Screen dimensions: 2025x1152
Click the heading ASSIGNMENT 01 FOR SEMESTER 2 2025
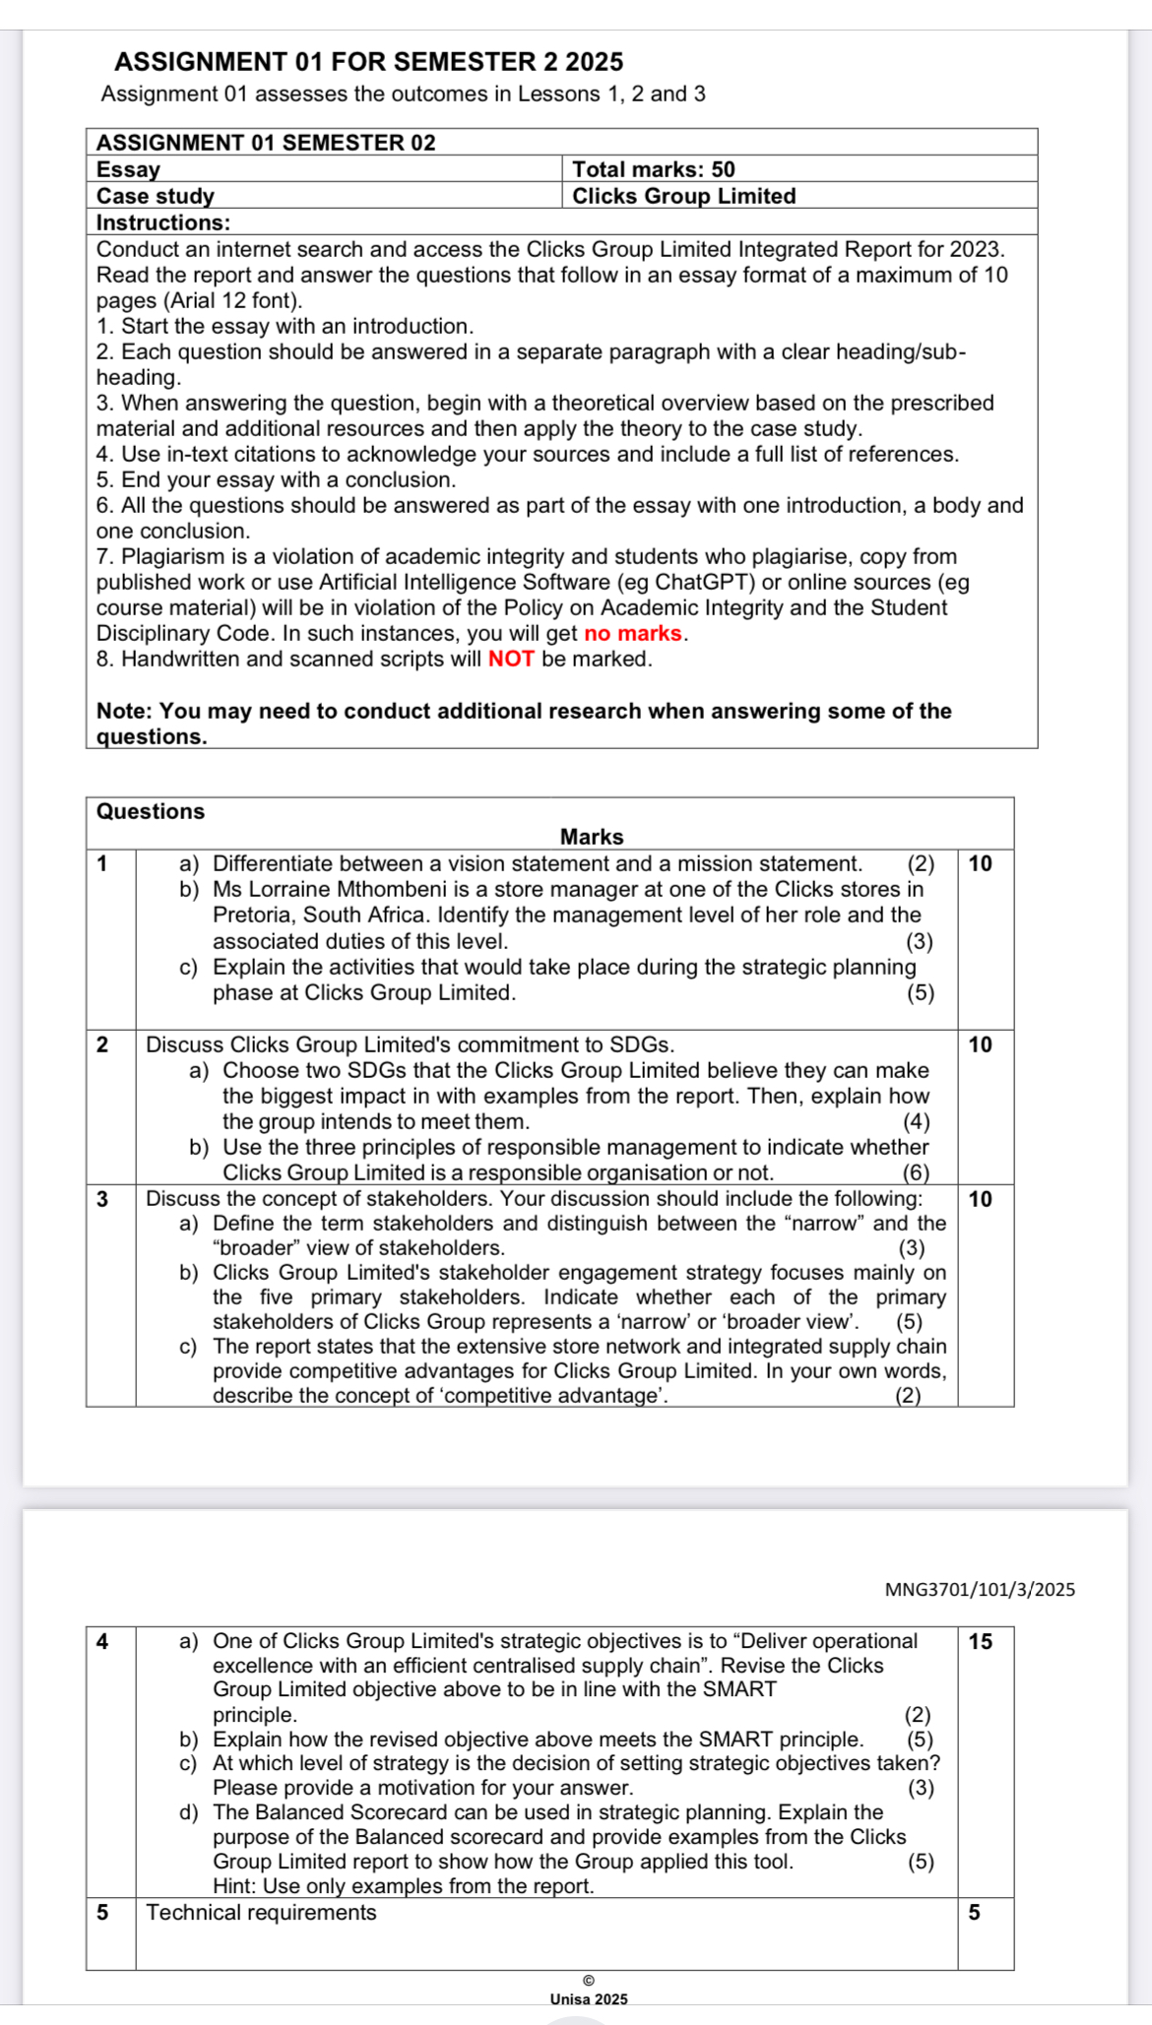[368, 62]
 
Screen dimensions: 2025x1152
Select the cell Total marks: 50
[653, 169]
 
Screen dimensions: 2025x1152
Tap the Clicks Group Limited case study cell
[683, 196]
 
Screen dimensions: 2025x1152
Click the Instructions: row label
[163, 222]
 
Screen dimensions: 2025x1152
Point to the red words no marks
[632, 633]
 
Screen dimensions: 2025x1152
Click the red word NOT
[511, 659]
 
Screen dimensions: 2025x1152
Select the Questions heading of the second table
[151, 811]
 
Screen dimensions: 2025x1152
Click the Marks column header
[592, 837]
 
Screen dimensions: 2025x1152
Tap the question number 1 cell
[102, 864]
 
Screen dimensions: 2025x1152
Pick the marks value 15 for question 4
[981, 1641]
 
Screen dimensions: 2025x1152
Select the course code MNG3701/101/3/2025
[980, 1589]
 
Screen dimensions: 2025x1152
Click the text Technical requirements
[261, 1912]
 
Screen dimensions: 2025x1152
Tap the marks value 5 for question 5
[974, 1912]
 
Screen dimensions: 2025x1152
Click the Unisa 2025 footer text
[589, 1998]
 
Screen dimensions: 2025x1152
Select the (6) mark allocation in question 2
[916, 1172]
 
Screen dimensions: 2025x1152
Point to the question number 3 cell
[102, 1199]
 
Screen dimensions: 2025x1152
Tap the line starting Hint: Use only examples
[403, 1886]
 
